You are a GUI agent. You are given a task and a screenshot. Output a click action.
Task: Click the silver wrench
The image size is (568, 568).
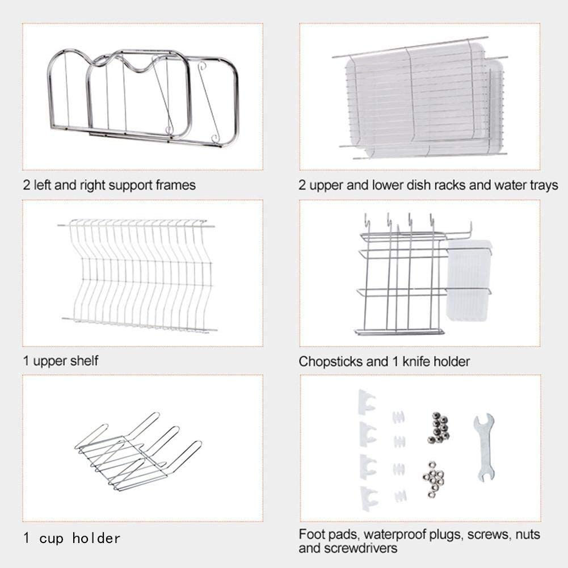click(484, 447)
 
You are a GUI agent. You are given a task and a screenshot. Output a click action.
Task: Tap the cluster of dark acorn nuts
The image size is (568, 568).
click(438, 428)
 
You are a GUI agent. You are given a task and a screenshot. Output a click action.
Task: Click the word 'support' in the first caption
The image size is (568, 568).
click(131, 186)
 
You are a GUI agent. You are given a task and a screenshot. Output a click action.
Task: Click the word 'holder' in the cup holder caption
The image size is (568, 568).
click(96, 538)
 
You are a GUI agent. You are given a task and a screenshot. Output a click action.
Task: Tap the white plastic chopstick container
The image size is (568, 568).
click(469, 280)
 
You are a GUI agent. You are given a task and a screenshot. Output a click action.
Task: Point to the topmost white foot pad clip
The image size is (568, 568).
click(367, 402)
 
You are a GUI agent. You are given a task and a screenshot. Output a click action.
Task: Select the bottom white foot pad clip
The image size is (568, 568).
click(368, 498)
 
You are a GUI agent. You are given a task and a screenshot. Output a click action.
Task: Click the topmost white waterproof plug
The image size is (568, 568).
click(398, 417)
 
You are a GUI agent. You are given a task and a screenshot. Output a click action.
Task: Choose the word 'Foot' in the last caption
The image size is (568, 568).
click(311, 535)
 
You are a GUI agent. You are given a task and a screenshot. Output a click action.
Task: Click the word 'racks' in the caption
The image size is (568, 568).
click(450, 186)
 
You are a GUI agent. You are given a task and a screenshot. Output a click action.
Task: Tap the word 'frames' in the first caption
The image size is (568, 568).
click(176, 186)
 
